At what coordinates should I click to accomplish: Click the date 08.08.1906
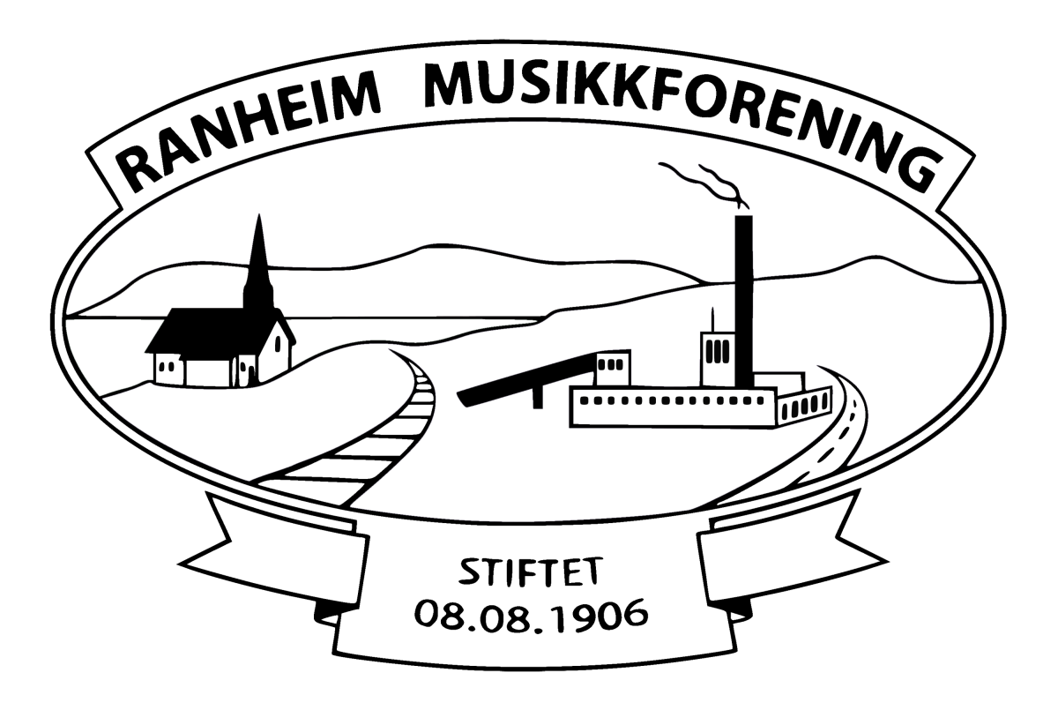tap(531, 615)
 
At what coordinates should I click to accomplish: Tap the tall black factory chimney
tap(744, 303)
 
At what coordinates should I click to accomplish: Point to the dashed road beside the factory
tap(831, 439)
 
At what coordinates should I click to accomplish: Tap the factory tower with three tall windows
tap(718, 359)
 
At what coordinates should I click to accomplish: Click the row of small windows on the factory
tap(672, 401)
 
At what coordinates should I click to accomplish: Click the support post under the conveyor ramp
tap(538, 397)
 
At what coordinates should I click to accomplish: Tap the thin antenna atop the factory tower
tap(712, 320)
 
